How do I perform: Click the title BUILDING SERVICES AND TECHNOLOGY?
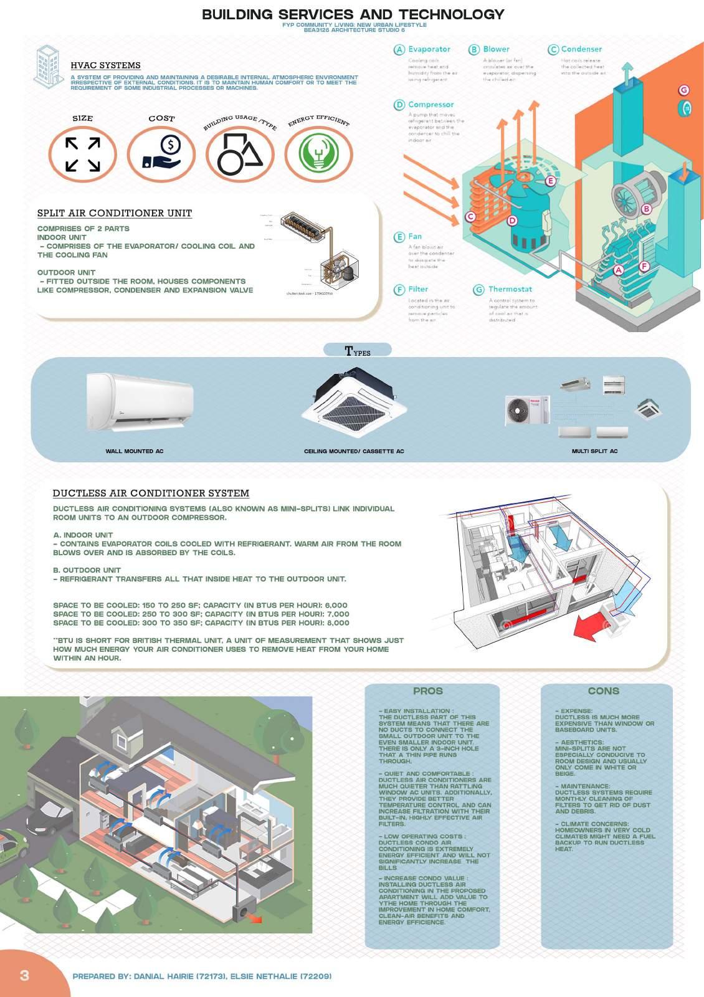click(x=353, y=14)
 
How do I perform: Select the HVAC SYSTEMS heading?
click(x=105, y=65)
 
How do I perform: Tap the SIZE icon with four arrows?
click(x=83, y=154)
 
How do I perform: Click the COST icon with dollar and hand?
click(x=161, y=154)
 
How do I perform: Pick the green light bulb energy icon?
click(x=318, y=154)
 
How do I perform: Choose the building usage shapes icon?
click(x=240, y=154)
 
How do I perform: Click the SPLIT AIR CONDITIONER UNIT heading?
click(x=115, y=213)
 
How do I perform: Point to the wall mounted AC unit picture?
click(x=140, y=401)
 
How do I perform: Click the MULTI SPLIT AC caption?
click(x=594, y=451)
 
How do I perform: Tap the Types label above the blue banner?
click(x=358, y=351)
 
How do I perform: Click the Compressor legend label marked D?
click(x=430, y=105)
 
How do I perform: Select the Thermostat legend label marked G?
click(x=510, y=289)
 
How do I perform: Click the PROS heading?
click(x=428, y=691)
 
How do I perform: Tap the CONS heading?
click(x=603, y=691)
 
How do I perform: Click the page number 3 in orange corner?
click(x=24, y=975)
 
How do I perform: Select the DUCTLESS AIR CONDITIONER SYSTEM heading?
click(x=151, y=494)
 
